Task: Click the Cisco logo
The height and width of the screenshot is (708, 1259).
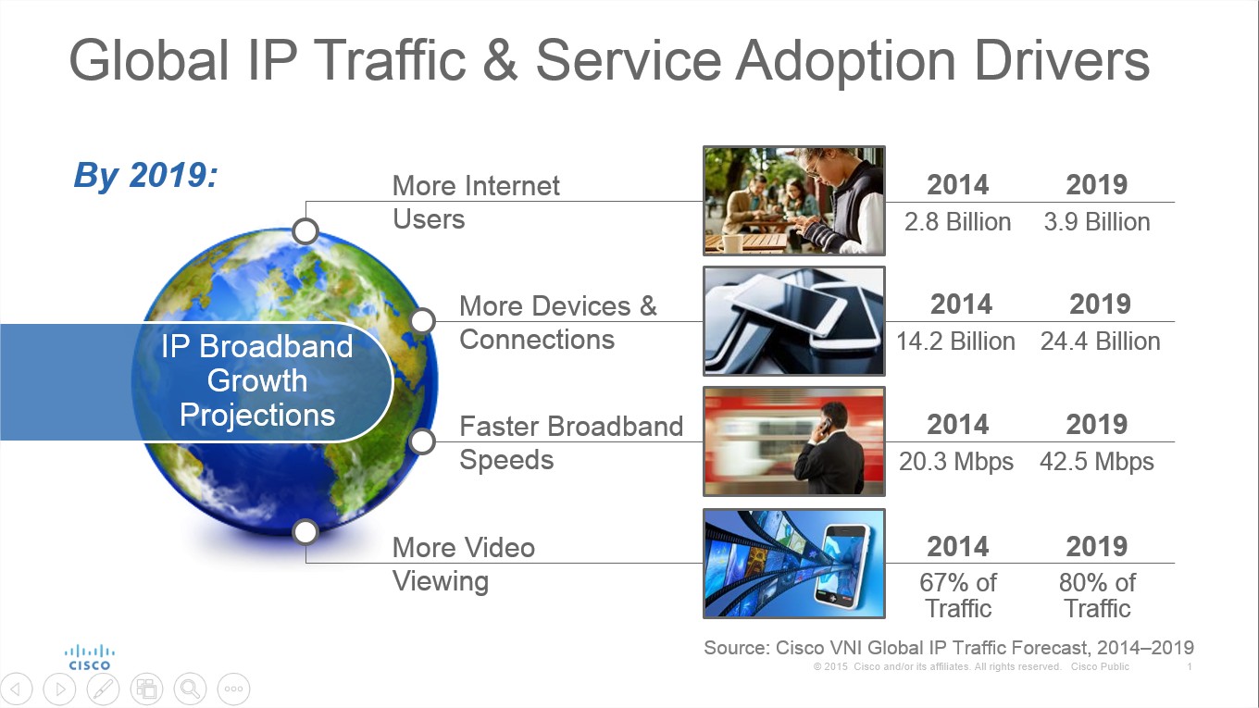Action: (x=90, y=658)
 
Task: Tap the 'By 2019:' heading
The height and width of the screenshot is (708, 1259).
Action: (x=145, y=175)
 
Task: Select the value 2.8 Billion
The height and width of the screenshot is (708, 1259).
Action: (x=958, y=222)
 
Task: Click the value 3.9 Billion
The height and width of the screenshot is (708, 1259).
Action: (x=1097, y=222)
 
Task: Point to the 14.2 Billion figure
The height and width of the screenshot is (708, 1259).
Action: (x=955, y=342)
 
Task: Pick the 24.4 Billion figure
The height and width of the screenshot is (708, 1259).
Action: (x=1101, y=342)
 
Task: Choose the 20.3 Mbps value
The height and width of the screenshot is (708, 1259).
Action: (x=956, y=462)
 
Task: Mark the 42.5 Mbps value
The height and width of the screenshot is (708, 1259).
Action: (x=1097, y=462)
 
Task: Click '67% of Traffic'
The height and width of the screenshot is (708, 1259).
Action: (x=958, y=596)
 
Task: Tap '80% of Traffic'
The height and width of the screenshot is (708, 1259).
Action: (x=1098, y=596)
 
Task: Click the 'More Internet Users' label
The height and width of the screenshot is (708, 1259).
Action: (x=476, y=203)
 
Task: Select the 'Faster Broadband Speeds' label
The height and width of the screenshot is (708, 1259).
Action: (x=571, y=442)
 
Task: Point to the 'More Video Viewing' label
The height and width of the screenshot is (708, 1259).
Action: (x=463, y=565)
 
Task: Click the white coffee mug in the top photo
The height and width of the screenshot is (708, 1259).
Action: (x=731, y=243)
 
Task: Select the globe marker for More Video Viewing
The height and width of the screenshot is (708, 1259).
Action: (x=305, y=532)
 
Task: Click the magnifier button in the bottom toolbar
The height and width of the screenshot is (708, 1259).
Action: (x=190, y=689)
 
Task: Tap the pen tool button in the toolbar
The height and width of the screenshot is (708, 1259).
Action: (x=104, y=689)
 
